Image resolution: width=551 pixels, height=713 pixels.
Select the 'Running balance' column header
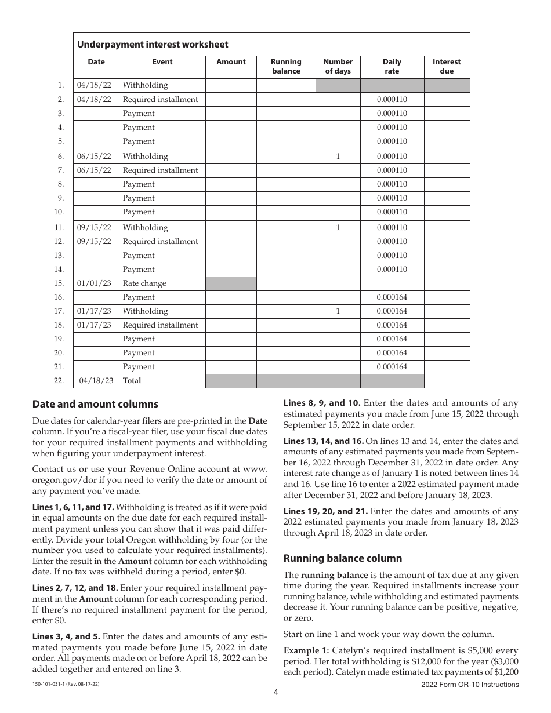(286, 66)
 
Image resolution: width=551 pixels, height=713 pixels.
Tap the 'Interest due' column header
(447, 66)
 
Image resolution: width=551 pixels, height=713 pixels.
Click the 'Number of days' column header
(338, 66)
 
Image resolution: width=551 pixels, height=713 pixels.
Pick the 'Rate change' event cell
(144, 283)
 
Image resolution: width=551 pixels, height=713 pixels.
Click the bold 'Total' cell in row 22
(132, 381)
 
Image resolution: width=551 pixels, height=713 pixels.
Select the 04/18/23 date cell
(96, 381)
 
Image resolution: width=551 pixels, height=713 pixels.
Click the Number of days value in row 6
(338, 157)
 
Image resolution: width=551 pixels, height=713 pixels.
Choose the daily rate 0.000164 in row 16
(392, 297)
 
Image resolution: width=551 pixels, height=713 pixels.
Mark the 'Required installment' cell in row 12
(160, 242)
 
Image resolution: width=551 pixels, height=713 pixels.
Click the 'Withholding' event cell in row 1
(145, 85)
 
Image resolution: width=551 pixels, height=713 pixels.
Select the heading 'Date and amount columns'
(95, 404)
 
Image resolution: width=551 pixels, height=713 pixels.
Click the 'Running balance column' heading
(342, 558)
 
